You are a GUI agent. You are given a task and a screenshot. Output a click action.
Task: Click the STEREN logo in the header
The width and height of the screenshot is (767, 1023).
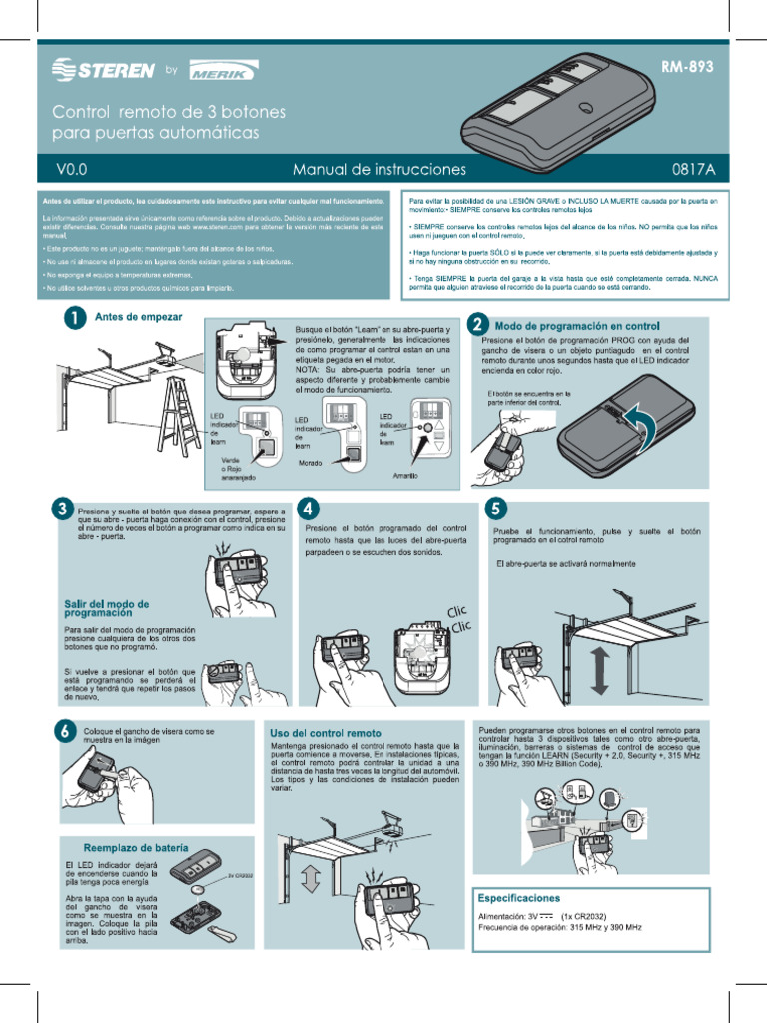pos(103,70)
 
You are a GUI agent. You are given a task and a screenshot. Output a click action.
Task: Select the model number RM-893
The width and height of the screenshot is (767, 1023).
pos(687,68)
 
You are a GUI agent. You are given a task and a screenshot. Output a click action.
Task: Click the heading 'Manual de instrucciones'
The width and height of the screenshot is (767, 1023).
pos(379,170)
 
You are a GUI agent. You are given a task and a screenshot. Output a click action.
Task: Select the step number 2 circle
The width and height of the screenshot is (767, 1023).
pos(479,325)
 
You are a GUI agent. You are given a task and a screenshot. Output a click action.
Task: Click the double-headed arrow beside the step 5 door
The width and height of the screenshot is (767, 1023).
pos(599,671)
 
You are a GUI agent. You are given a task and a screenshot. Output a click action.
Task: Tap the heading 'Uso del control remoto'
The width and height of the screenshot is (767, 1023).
pos(325,733)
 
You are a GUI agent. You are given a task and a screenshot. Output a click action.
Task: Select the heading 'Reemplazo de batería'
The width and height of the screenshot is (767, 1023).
pos(135,848)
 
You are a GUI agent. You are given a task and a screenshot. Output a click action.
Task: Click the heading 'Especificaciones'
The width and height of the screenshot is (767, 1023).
pos(519,898)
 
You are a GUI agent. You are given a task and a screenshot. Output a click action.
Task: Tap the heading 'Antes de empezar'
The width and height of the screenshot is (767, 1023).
pos(138,317)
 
